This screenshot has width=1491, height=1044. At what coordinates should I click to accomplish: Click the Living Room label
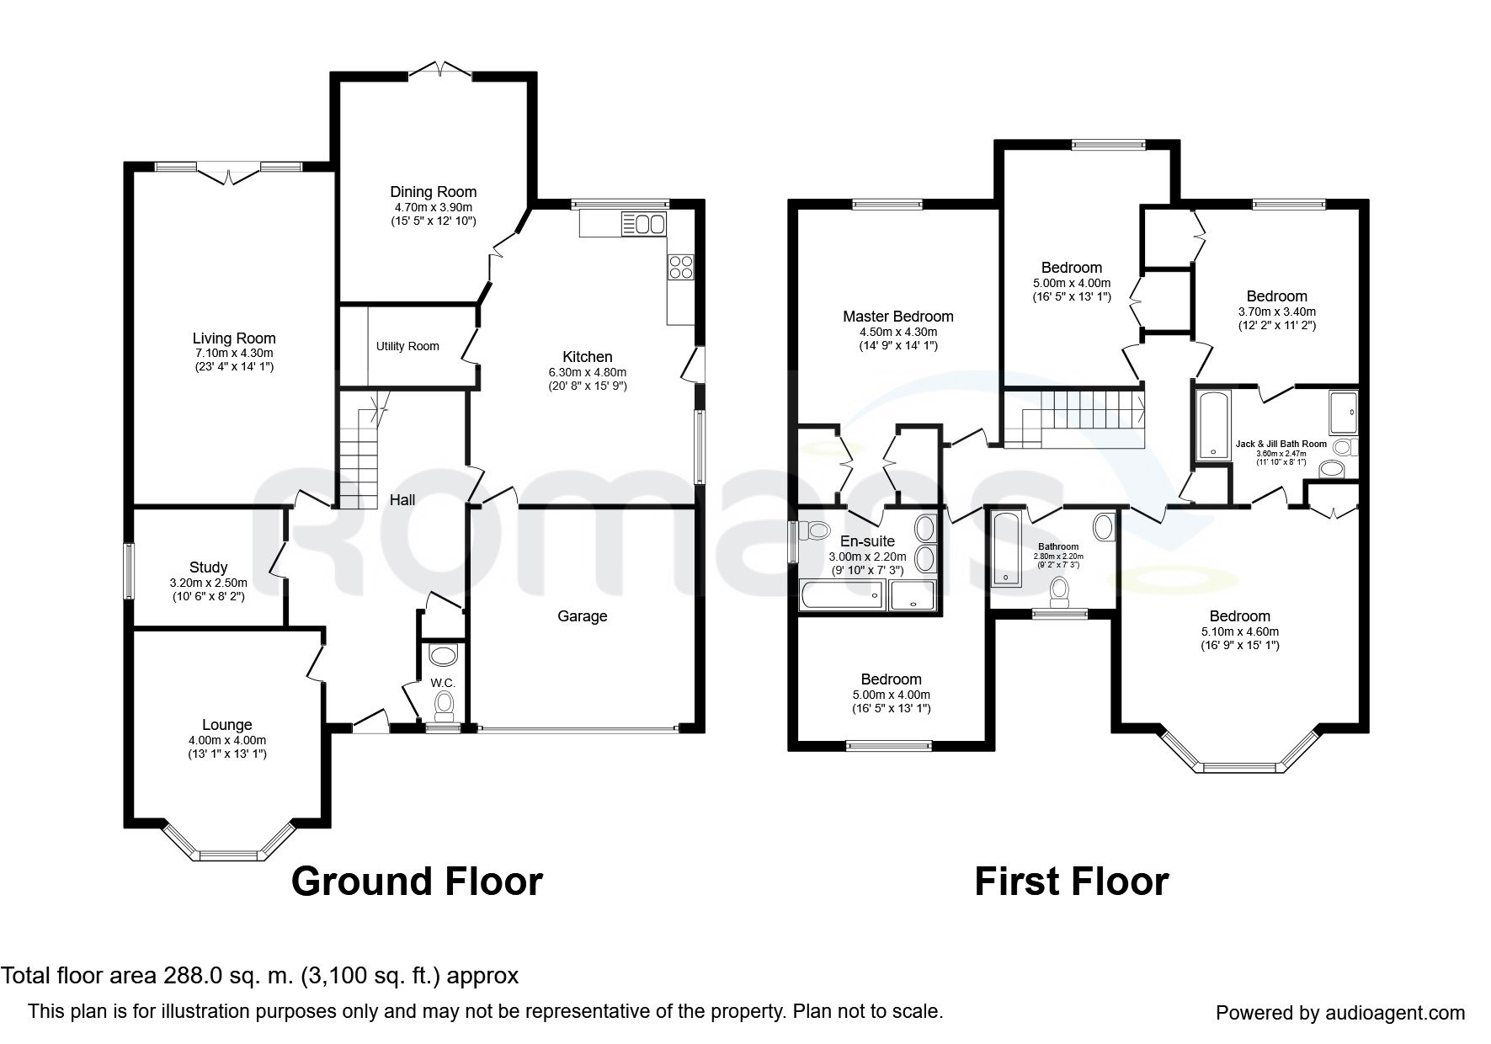click(x=234, y=338)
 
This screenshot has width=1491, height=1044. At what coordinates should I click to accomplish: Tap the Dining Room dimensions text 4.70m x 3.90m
click(x=433, y=207)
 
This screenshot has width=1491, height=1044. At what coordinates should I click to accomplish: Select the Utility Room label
click(x=407, y=346)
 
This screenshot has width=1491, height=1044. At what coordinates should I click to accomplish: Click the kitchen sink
click(x=643, y=224)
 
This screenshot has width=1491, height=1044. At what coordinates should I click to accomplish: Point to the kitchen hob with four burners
click(x=680, y=267)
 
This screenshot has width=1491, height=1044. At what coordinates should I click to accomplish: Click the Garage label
click(x=582, y=616)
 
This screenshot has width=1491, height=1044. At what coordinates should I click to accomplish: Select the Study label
click(x=208, y=567)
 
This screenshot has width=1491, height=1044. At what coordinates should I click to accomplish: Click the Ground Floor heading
click(x=417, y=882)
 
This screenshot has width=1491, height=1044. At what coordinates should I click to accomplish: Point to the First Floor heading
click(x=1072, y=882)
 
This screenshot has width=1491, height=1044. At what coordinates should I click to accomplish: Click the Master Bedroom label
click(x=898, y=317)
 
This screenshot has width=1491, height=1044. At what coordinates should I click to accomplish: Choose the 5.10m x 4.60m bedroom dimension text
click(x=1240, y=631)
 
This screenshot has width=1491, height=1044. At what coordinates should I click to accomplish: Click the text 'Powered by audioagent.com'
click(x=1340, y=1013)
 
